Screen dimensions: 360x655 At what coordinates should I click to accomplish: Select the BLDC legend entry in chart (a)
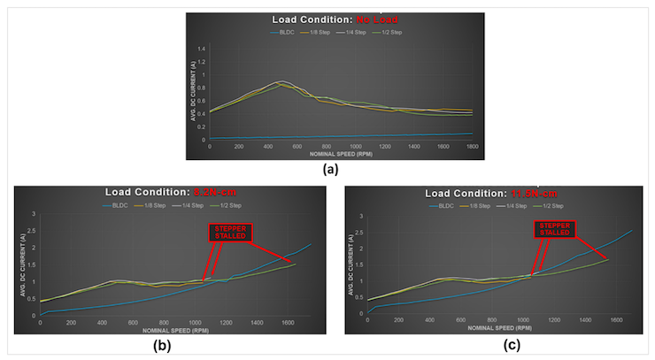(x=283, y=33)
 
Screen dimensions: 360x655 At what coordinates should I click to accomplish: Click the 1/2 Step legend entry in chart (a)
(x=387, y=33)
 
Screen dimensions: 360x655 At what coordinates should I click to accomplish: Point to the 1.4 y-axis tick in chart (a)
(x=200, y=48)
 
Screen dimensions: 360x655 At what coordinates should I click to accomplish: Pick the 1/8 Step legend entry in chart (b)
(x=155, y=206)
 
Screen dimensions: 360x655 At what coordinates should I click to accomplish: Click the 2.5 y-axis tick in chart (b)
(x=32, y=231)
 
